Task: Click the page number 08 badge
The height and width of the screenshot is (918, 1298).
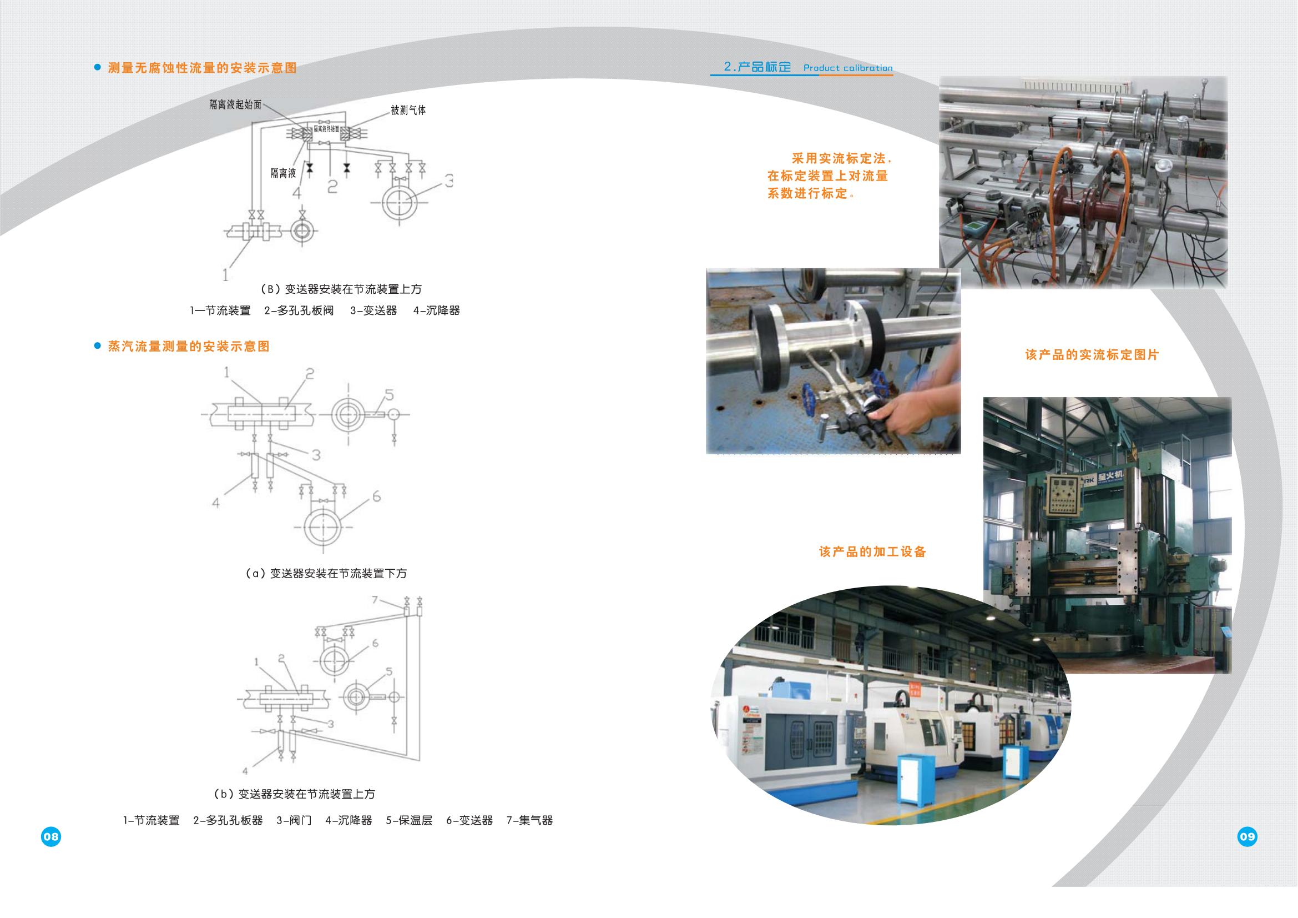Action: [x=51, y=836]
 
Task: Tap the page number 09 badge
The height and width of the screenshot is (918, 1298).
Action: [x=1247, y=836]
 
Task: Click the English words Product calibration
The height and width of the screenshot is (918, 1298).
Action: [x=847, y=68]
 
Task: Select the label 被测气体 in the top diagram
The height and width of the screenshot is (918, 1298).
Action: [x=408, y=111]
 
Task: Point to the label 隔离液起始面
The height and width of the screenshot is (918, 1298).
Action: [x=235, y=104]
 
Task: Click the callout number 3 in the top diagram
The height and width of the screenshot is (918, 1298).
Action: [x=449, y=181]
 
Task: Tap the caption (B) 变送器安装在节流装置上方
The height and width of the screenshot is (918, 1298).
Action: [x=341, y=289]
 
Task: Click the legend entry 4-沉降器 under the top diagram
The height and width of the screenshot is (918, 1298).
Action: [x=436, y=310]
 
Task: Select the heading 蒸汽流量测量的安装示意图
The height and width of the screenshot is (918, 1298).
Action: [x=189, y=346]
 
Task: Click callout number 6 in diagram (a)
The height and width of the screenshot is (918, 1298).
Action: [x=376, y=496]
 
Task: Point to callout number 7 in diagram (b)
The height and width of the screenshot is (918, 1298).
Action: [x=375, y=600]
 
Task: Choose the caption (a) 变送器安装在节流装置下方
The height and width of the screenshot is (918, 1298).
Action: [x=326, y=573]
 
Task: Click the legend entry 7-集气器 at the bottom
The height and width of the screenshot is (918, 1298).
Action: [x=529, y=820]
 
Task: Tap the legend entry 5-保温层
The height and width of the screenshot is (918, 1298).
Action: [x=409, y=820]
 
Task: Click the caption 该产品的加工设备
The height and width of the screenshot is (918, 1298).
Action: [x=872, y=551]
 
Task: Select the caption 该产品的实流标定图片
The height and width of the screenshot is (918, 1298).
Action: [x=1092, y=355]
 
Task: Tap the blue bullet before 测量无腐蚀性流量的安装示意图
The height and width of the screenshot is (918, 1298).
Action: [x=97, y=67]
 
